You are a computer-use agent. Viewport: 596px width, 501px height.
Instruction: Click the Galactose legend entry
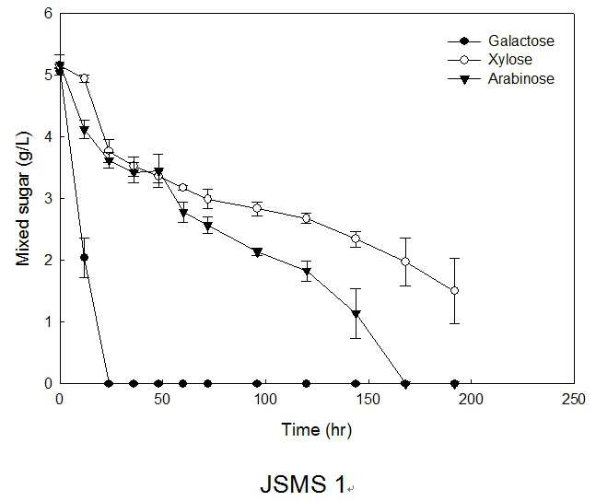[501, 41]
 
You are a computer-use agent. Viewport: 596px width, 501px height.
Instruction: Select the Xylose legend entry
[490, 60]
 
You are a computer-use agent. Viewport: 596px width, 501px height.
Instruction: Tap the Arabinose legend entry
[501, 78]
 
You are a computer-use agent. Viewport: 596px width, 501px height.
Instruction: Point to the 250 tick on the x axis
[574, 399]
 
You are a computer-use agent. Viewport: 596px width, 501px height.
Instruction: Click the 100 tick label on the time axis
[265, 399]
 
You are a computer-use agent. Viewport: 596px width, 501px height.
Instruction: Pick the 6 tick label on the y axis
[48, 14]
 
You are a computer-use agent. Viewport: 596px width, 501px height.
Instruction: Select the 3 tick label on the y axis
[48, 198]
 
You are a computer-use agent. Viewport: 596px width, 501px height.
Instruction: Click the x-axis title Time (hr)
[317, 430]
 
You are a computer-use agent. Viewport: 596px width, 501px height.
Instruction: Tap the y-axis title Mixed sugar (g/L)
[23, 198]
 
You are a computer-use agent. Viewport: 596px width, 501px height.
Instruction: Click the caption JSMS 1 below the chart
[303, 484]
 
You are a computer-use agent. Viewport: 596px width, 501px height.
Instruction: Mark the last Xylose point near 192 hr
[454, 291]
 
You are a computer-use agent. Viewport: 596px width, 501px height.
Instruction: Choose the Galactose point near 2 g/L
[84, 257]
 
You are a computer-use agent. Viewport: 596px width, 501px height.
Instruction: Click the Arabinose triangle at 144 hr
[356, 314]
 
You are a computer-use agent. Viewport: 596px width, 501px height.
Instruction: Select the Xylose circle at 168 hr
[405, 262]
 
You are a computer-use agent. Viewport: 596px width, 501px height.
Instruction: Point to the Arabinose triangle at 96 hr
[257, 252]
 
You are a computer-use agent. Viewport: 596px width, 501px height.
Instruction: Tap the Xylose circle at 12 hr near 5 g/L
[85, 78]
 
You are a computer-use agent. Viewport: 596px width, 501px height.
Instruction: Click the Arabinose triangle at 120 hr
[307, 272]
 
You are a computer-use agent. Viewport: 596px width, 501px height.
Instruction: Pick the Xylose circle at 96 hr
[257, 208]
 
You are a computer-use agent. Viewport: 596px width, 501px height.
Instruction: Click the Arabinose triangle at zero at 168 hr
[405, 384]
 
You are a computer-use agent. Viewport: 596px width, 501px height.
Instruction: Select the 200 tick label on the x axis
[471, 399]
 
